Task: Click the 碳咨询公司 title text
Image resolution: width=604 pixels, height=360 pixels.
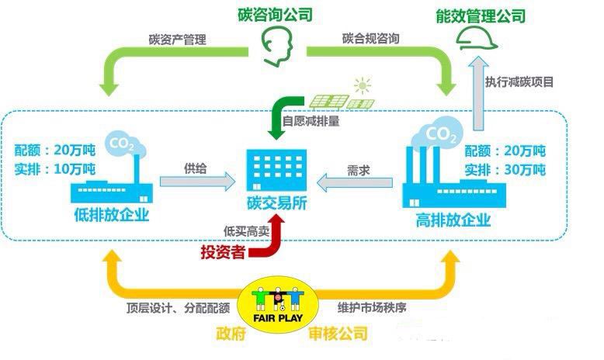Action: (275, 14)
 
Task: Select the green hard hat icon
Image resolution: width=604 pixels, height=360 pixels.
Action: (477, 39)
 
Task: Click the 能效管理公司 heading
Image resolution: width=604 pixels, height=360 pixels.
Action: (481, 16)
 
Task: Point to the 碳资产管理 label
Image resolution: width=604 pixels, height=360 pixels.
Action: (178, 40)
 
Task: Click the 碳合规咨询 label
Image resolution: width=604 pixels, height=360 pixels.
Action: (370, 39)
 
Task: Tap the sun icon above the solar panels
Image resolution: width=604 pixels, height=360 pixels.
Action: (363, 85)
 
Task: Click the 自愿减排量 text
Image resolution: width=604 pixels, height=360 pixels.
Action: (311, 121)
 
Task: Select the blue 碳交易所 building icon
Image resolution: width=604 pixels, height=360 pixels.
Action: (276, 170)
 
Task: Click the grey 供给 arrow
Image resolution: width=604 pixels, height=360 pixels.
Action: (198, 182)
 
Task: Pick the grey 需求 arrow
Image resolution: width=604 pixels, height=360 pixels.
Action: (355, 182)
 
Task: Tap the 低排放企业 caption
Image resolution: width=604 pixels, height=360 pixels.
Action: (111, 214)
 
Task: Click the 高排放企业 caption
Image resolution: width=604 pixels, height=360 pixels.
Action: (453, 220)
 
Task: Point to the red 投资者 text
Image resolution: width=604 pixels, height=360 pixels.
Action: (223, 252)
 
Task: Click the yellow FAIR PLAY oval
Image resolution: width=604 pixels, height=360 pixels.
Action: (278, 305)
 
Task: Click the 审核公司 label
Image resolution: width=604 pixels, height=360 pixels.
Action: (338, 334)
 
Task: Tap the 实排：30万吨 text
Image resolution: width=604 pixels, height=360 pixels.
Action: (505, 170)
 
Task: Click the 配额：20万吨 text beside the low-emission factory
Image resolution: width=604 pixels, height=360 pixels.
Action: (54, 150)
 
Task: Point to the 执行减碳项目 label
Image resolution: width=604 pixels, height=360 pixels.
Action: (519, 82)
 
